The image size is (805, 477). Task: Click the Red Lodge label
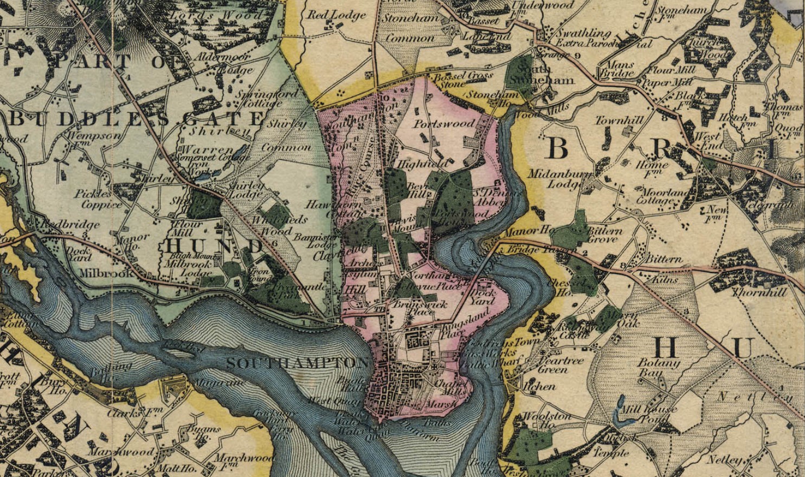click(x=337, y=16)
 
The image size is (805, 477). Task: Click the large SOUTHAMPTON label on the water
click(x=297, y=363)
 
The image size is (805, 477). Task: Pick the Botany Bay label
click(x=659, y=368)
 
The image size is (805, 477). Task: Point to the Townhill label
click(x=615, y=120)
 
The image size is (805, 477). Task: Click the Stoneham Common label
click(x=410, y=28)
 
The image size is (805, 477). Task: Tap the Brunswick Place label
click(x=420, y=308)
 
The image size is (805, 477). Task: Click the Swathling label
click(x=583, y=34)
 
